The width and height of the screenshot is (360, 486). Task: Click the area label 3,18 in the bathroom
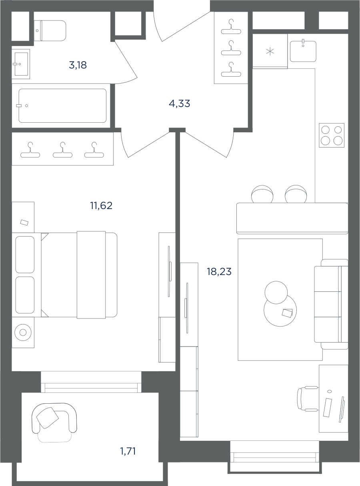pos(78,65)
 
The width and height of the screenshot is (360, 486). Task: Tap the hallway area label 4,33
pos(180,104)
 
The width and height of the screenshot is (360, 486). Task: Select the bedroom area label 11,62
pos(101,205)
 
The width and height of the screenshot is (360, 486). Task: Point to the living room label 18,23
pos(219,272)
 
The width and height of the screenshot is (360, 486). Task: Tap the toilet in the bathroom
pos(50,31)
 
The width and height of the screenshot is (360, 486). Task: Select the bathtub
pos(62,106)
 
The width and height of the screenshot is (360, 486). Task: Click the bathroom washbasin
pos(21,64)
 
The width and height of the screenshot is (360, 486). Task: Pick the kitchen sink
pos(303,51)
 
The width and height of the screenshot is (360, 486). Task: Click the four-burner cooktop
pos(332,135)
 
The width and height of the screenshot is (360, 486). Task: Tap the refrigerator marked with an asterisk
pos(270,51)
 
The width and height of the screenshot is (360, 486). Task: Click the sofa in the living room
pos(331,304)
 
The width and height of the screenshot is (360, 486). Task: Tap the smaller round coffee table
pos(276,293)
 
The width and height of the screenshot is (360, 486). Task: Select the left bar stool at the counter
pos(262,194)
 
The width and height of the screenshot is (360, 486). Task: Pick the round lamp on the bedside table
pos(23,333)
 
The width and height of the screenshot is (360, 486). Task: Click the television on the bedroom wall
pos(169,271)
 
